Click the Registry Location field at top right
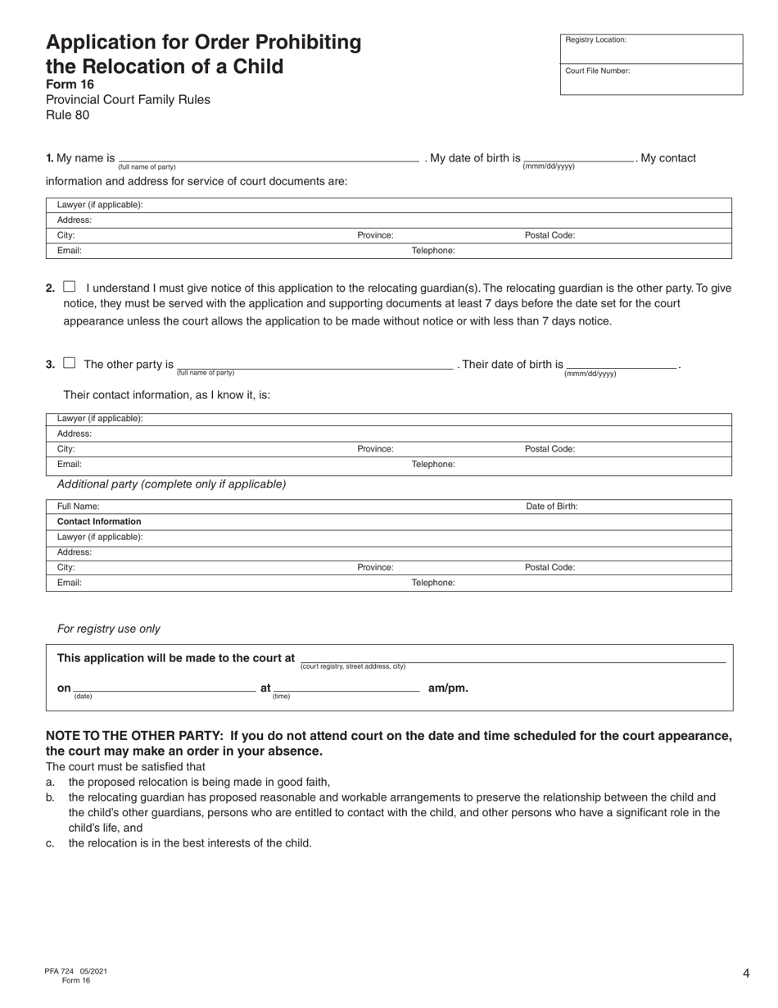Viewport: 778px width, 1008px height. (651, 49)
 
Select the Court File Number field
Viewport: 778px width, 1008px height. (651, 80)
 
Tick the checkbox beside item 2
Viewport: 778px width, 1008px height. (70, 287)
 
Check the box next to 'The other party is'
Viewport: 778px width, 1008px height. (70, 363)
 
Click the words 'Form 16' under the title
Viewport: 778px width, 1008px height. (70, 84)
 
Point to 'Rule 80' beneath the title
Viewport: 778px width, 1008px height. (67, 115)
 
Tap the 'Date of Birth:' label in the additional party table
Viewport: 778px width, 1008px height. (551, 506)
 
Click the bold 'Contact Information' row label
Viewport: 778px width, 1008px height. (99, 521)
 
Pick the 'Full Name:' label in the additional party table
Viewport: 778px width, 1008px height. (78, 506)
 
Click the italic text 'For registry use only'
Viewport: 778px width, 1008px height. (108, 629)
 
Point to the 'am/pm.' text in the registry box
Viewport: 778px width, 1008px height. (448, 688)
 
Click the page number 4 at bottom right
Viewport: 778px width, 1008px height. (746, 974)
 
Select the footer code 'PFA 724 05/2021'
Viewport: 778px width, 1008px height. (75, 971)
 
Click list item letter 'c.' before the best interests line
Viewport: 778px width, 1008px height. (51, 842)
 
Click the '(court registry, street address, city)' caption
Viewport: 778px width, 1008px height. (352, 666)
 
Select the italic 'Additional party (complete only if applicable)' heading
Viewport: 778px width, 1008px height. (171, 484)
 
